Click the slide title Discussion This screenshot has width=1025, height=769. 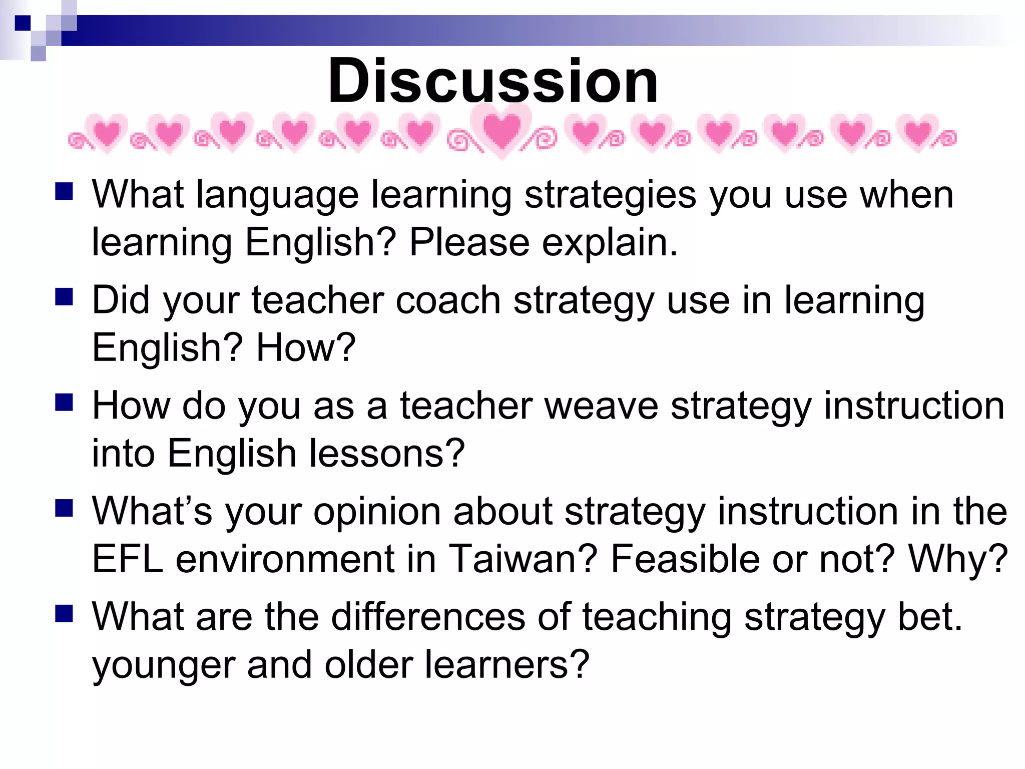pos(493,81)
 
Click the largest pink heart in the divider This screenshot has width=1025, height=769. pos(502,131)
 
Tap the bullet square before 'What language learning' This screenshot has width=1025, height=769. pos(65,191)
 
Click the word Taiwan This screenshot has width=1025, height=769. pos(523,559)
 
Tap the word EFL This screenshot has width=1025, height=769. pos(128,559)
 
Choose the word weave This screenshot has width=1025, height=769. pos(601,406)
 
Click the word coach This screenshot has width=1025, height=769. pos(448,300)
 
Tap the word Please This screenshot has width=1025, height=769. pos(469,243)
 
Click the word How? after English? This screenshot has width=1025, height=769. pos(306,347)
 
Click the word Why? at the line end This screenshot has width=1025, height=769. pos(958,559)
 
